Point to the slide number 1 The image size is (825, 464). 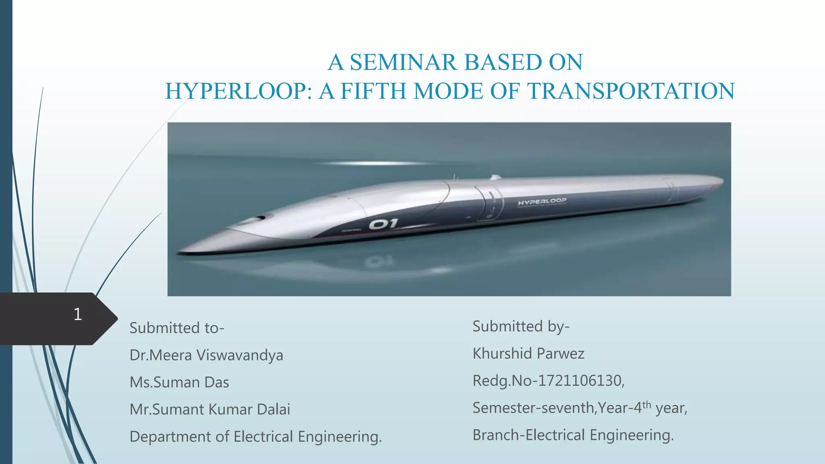pos(78,314)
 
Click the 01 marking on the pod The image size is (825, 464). pos(383,224)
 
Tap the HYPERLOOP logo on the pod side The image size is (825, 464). pos(542,201)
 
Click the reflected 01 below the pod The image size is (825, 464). pos(379,262)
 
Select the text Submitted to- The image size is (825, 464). pos(176,328)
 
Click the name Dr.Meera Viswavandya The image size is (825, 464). pos(206,355)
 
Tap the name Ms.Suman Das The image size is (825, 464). pos(179,382)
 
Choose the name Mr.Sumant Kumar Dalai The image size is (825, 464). pos(209,410)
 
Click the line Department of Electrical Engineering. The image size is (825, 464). pos(255,437)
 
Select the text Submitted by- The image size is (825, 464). pos(521,326)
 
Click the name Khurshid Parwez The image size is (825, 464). pos(528,354)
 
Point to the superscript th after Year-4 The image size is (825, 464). pos(647,404)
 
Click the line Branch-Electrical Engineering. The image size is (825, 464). pos(573,435)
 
